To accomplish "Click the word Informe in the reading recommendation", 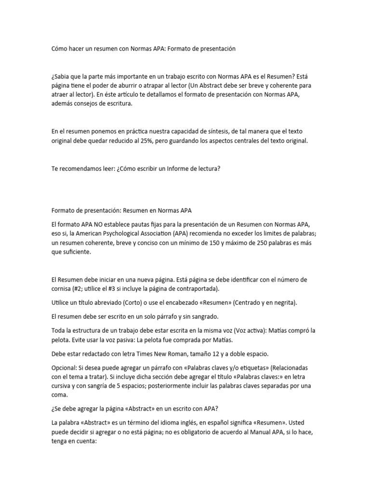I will pos(167,169).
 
